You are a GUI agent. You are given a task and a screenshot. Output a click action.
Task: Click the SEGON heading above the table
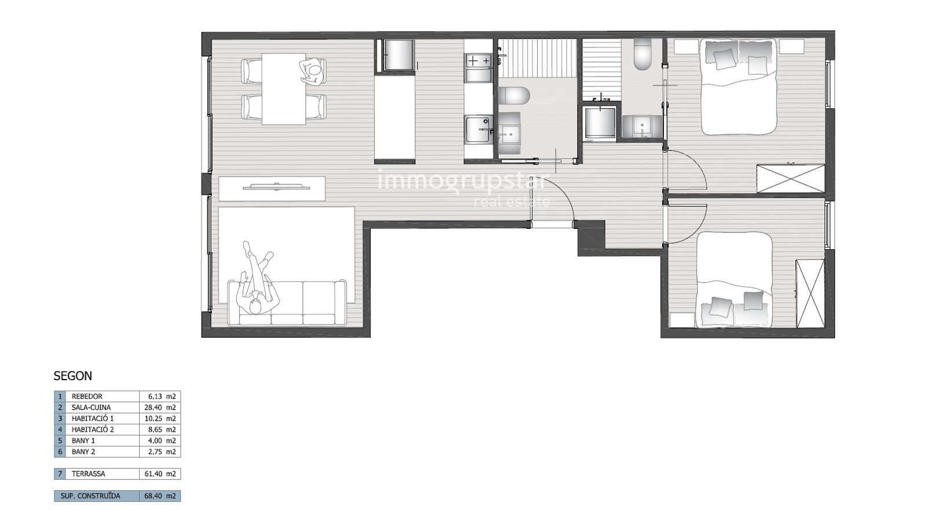(73, 376)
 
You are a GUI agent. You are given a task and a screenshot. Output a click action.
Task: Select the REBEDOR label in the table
(87, 396)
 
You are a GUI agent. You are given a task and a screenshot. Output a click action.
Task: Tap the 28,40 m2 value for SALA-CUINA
(160, 407)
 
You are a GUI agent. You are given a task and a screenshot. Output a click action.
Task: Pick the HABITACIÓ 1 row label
(93, 418)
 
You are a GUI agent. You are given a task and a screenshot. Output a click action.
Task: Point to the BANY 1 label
(83, 441)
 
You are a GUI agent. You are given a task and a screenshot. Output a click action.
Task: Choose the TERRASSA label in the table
(88, 474)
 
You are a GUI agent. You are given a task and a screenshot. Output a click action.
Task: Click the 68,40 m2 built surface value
(160, 496)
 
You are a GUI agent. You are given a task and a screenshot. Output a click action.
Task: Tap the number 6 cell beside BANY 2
(60, 451)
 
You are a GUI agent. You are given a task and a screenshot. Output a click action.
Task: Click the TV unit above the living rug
(272, 189)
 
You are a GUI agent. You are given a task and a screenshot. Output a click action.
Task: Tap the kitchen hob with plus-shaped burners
(479, 61)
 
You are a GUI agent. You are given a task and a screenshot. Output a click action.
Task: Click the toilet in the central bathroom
(514, 96)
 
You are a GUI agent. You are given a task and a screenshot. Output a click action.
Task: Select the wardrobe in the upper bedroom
(790, 178)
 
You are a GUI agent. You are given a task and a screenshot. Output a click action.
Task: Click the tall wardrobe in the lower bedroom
(811, 293)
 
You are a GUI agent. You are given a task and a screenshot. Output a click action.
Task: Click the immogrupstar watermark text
(463, 182)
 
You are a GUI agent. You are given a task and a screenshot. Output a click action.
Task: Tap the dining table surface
(284, 89)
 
